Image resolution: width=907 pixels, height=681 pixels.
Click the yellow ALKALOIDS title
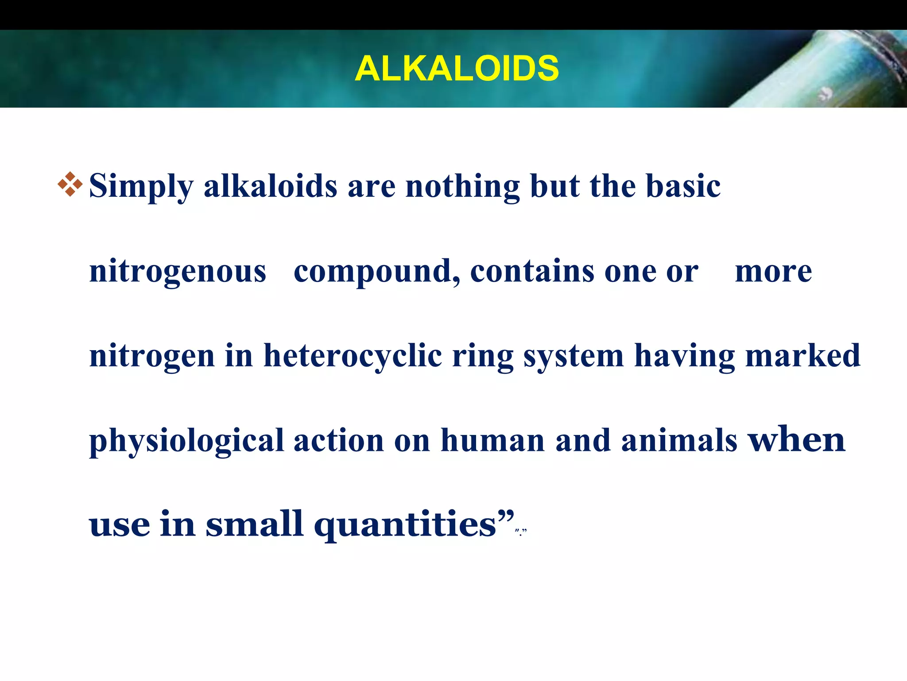click(x=457, y=69)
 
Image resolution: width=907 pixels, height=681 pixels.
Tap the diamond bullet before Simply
click(x=70, y=184)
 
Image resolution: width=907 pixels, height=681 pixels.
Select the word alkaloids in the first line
click(x=270, y=185)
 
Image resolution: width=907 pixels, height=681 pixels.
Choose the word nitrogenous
click(x=178, y=271)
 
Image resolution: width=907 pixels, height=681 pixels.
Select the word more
click(x=773, y=271)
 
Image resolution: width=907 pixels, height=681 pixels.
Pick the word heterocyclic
click(x=353, y=356)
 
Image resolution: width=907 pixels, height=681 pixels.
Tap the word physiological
click(x=186, y=441)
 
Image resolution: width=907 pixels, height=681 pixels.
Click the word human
click(x=492, y=440)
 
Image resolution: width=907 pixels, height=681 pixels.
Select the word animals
click(x=679, y=440)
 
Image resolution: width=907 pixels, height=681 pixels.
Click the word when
click(x=796, y=439)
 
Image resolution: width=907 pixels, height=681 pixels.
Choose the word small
click(x=254, y=524)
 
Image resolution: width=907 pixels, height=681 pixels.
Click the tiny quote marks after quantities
click(x=521, y=532)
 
